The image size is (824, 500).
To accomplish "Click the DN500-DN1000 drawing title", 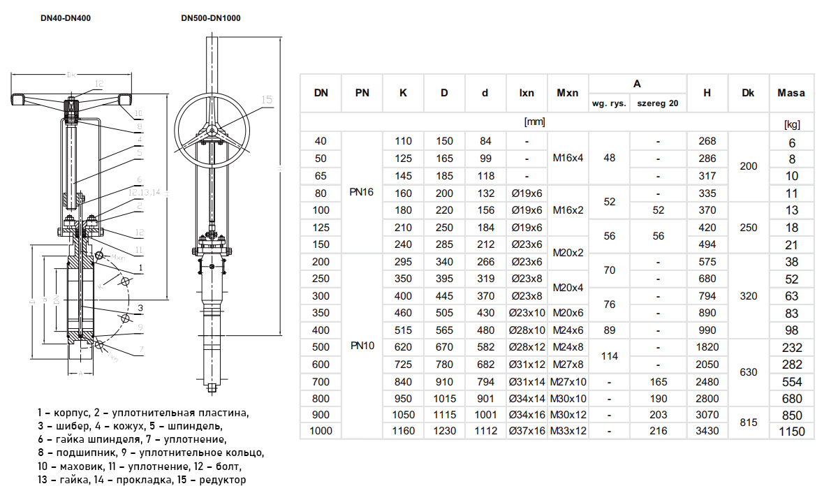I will (x=210, y=18).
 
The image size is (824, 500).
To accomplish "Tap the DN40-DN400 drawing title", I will (x=66, y=18).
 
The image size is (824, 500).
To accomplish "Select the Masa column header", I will (x=791, y=92).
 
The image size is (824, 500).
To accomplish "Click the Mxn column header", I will (x=567, y=92).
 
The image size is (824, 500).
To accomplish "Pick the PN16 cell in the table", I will (x=362, y=192).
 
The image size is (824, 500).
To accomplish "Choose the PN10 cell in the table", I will (x=362, y=346).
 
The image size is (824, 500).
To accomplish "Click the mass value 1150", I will (x=791, y=432).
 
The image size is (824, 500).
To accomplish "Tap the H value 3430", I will (x=707, y=431).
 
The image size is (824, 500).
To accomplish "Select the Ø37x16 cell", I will (x=527, y=431).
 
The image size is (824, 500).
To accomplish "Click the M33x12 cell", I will (x=568, y=431).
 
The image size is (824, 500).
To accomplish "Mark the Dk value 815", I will (x=748, y=423).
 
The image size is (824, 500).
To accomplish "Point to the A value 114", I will (x=610, y=355).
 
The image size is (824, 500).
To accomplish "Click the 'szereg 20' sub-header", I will (x=659, y=103).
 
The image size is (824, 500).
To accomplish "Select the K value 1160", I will (x=403, y=431).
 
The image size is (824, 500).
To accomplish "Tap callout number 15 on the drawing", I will (x=266, y=100).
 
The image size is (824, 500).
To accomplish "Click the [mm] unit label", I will (x=534, y=122).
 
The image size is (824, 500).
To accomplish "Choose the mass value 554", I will (x=791, y=382).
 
